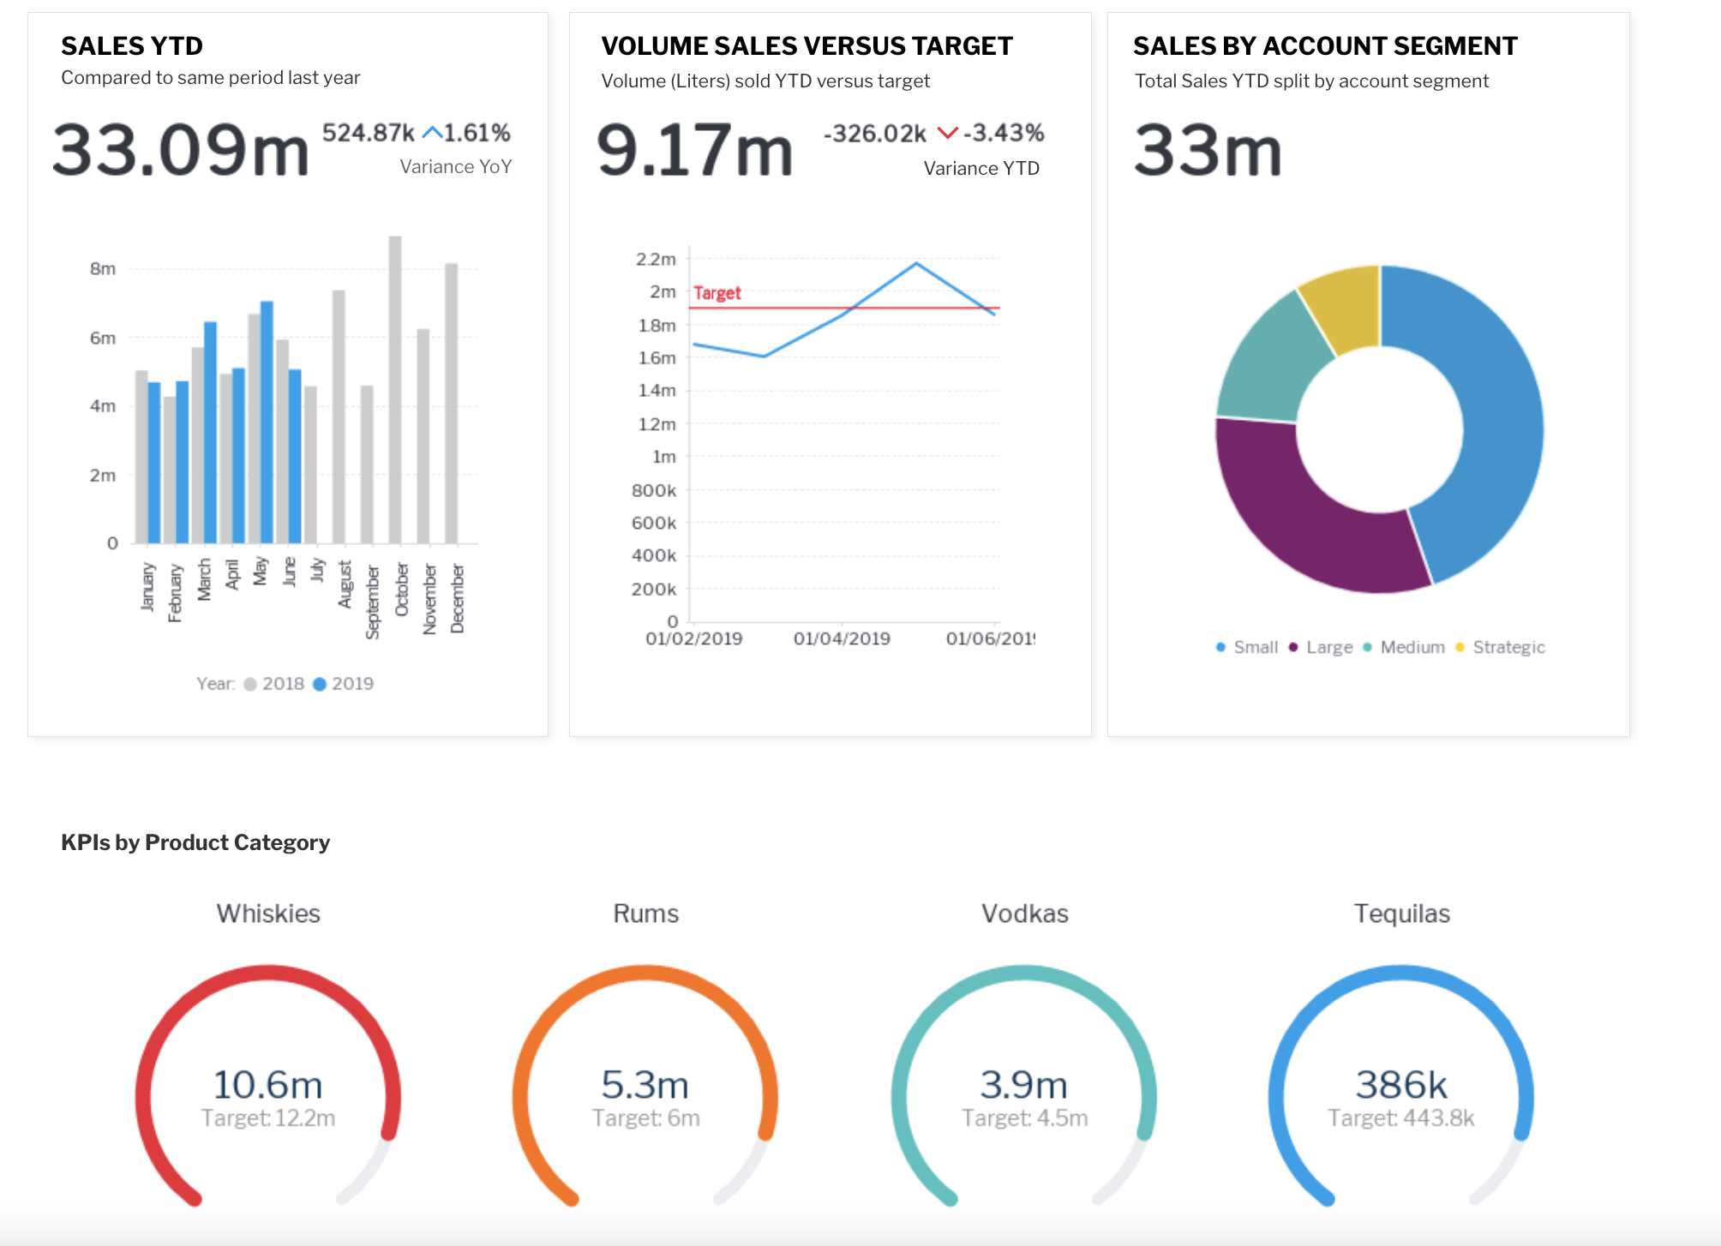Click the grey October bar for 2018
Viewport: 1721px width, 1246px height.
coord(395,390)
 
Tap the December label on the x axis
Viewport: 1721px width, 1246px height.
coord(458,598)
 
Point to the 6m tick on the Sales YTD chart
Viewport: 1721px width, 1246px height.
coord(102,338)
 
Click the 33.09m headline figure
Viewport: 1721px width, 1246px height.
coord(180,151)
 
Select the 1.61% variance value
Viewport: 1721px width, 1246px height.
coord(477,133)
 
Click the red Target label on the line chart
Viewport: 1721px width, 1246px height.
coord(717,293)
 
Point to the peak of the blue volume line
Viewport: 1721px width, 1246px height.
coord(916,263)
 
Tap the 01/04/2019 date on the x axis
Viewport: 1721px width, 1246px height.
coord(842,638)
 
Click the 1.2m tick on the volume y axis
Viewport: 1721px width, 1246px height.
coord(657,424)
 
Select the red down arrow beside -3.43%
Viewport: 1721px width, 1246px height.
coord(947,133)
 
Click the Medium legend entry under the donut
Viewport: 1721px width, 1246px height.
coord(1405,647)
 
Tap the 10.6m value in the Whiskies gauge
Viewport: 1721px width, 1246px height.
coord(267,1085)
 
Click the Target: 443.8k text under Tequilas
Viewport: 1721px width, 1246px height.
coord(1400,1118)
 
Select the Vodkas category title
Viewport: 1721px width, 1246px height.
coord(1024,914)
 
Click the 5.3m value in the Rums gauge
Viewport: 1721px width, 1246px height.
coord(645,1085)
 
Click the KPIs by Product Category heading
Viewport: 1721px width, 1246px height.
coord(195,842)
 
